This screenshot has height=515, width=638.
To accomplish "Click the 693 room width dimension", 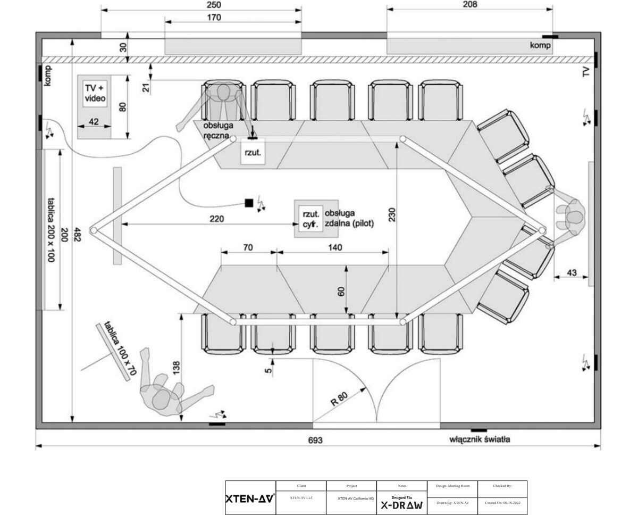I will click(315, 440).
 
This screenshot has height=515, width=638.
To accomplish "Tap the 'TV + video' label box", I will click(95, 93).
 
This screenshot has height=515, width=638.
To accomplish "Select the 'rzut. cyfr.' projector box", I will click(309, 219).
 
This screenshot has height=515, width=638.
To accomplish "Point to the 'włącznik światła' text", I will click(480, 439).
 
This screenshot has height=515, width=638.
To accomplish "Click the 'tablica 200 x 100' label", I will click(51, 229).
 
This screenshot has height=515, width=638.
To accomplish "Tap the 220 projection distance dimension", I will click(216, 219).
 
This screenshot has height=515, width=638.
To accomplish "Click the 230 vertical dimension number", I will click(392, 214).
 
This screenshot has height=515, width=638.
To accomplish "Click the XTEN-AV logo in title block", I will click(250, 499).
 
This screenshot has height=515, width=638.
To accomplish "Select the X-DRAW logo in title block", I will click(401, 505).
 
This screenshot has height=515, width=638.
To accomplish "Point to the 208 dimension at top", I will click(470, 4).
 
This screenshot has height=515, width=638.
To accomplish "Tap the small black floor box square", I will click(248, 203).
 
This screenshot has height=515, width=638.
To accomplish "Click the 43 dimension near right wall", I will click(572, 273).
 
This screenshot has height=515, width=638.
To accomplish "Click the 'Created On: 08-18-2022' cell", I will click(502, 503).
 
